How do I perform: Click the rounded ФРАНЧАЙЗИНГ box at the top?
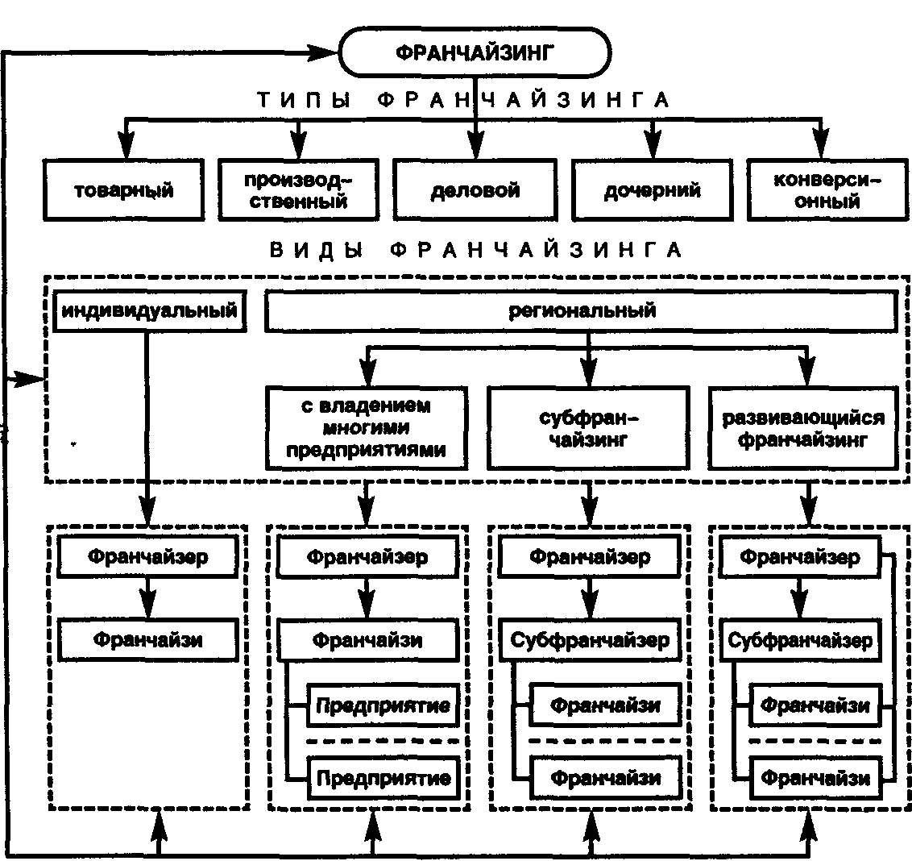click(x=475, y=52)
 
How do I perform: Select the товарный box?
click(x=124, y=189)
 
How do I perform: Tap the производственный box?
click(x=298, y=189)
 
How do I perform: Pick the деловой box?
click(x=475, y=189)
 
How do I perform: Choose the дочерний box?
click(x=652, y=189)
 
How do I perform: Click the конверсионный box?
click(x=827, y=189)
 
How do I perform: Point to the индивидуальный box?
click(x=150, y=311)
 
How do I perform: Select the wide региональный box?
click(x=581, y=311)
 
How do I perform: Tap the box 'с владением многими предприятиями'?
click(x=367, y=428)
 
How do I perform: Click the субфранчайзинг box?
click(x=588, y=428)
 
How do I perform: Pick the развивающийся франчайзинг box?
click(x=803, y=428)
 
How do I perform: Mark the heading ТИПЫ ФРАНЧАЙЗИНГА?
click(x=463, y=100)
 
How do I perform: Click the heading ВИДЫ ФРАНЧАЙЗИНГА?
click(x=476, y=251)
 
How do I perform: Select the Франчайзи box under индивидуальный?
click(x=147, y=640)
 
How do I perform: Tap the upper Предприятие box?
click(x=383, y=705)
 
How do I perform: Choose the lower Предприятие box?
click(x=383, y=778)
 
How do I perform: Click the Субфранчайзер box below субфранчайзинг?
click(x=590, y=640)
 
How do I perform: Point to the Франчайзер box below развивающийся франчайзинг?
click(x=800, y=557)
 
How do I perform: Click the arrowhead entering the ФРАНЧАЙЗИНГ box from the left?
click(x=322, y=52)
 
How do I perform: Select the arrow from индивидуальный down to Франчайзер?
click(x=147, y=429)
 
